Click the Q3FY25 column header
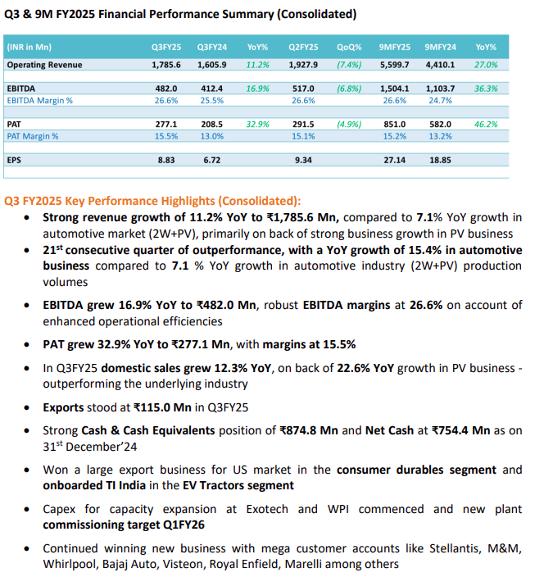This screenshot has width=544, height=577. (166, 47)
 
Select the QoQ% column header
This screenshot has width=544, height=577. (349, 47)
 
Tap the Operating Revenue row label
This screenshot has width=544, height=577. (44, 65)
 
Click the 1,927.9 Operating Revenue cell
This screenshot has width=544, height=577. (303, 65)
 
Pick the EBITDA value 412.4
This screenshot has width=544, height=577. (212, 89)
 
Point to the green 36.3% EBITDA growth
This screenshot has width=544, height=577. (486, 89)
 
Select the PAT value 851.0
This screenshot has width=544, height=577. (395, 125)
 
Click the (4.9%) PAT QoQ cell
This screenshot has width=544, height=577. (349, 125)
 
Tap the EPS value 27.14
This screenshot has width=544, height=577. (395, 160)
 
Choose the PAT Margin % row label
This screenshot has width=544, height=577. (33, 136)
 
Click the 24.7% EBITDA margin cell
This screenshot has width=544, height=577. (440, 101)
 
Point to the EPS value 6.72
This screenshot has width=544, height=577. (212, 160)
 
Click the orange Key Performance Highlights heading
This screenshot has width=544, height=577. (152, 201)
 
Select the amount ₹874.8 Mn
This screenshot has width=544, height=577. (309, 430)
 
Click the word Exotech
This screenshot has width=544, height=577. (267, 509)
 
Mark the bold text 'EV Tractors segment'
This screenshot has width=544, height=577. (238, 486)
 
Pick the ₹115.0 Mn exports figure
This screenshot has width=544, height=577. (162, 407)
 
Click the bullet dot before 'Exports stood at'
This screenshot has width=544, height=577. (26, 407)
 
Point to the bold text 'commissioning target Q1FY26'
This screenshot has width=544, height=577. (124, 525)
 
